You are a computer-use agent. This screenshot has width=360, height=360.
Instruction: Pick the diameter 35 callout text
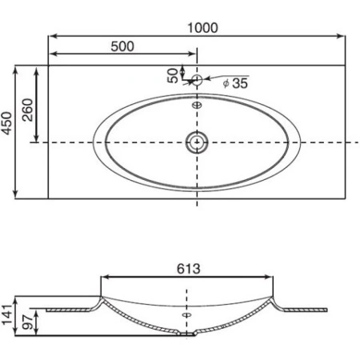(236, 82)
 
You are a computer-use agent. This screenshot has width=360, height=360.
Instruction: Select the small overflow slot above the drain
(197, 103)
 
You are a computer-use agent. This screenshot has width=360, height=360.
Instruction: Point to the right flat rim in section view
(309, 309)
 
